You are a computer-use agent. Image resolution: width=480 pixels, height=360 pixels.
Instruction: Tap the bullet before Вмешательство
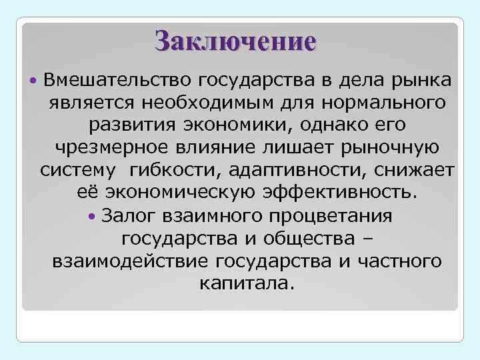click(34, 81)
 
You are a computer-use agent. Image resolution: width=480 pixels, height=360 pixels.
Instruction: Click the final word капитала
click(245, 283)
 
